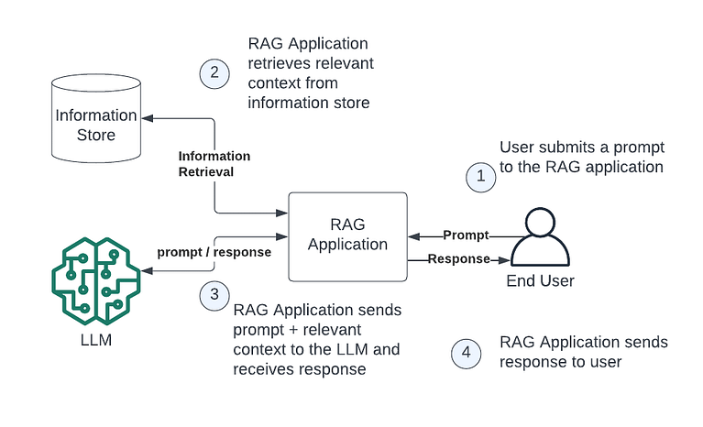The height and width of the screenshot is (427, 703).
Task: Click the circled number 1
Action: coord(480,176)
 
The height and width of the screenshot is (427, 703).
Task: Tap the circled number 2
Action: coord(214,73)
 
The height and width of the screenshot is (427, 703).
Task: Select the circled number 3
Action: coord(214,293)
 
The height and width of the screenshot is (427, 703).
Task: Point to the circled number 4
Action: coord(467,354)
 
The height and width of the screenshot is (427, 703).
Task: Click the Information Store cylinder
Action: coord(96,123)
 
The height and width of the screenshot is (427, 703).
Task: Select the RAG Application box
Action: coord(347,235)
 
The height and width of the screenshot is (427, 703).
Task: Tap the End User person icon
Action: coord(540,240)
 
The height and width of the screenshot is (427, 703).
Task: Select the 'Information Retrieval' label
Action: coord(214,163)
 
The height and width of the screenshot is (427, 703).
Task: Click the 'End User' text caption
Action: coord(540,280)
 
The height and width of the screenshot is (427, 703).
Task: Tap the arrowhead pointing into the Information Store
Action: coord(145,118)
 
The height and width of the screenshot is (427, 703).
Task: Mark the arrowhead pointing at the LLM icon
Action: coord(145,271)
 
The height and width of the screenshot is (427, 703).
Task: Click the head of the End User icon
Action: coord(540,223)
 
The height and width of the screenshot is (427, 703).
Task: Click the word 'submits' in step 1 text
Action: coord(563,148)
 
